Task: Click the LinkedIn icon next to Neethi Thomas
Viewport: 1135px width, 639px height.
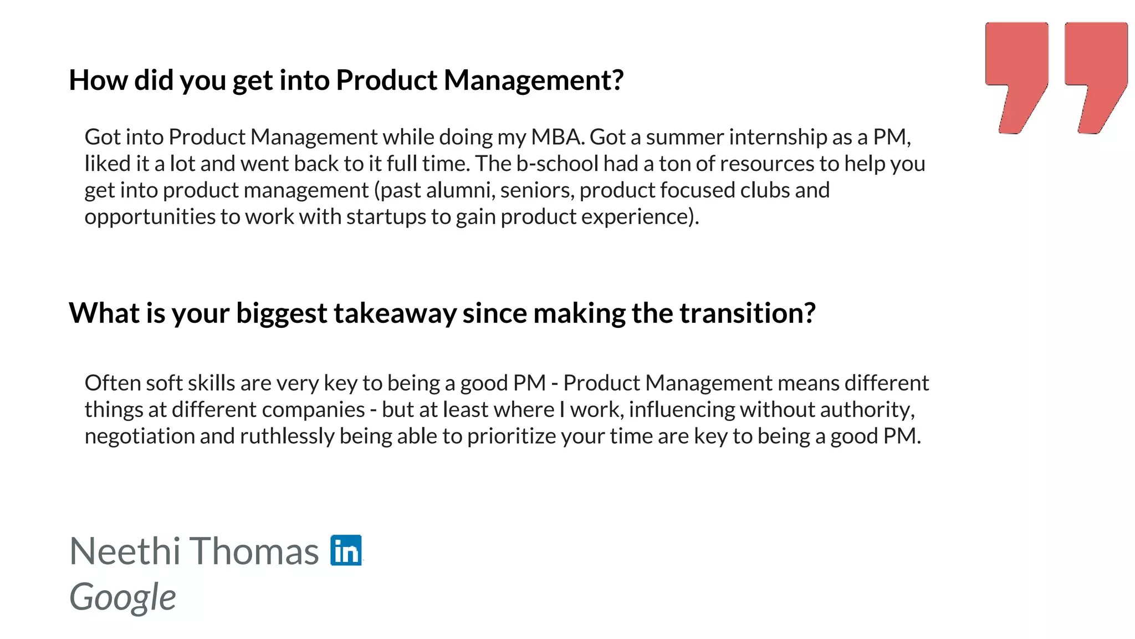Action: point(346,550)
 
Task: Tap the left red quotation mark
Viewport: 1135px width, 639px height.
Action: point(1016,72)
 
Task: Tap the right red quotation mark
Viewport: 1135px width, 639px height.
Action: point(1096,72)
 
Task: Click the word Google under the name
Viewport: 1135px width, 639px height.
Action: point(122,598)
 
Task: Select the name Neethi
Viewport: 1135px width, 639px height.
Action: point(125,551)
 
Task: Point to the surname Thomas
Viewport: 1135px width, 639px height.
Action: point(255,551)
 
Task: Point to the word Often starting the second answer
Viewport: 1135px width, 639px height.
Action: point(113,383)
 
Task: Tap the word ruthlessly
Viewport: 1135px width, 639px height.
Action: point(287,437)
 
